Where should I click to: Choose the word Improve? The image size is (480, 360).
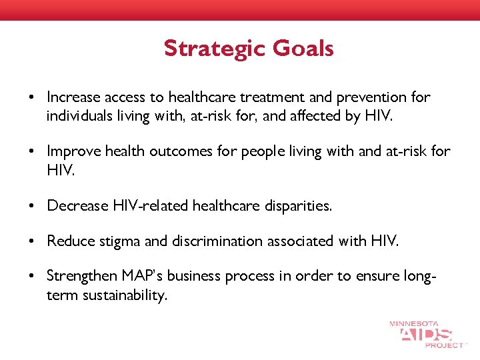point(71,151)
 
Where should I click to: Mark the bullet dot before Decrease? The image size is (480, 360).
point(32,206)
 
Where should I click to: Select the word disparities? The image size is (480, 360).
point(297,206)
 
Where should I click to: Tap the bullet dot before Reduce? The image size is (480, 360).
point(32,241)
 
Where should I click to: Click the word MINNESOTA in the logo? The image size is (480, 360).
point(414,324)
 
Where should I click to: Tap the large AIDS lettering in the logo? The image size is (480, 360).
point(427,335)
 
